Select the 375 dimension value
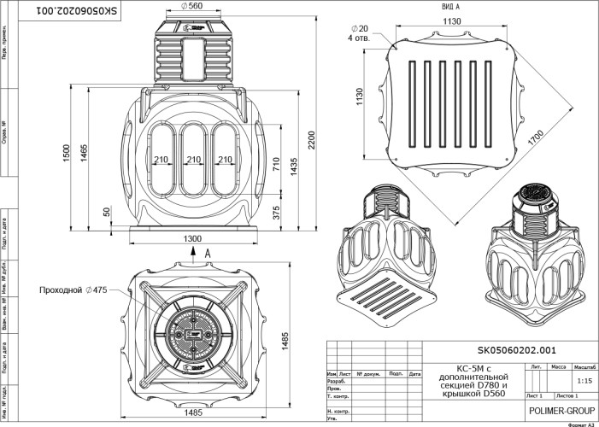(x=276, y=213)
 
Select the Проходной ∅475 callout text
(x=73, y=290)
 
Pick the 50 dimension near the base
(x=106, y=212)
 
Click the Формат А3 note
(x=578, y=423)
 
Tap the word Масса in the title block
(x=559, y=366)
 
